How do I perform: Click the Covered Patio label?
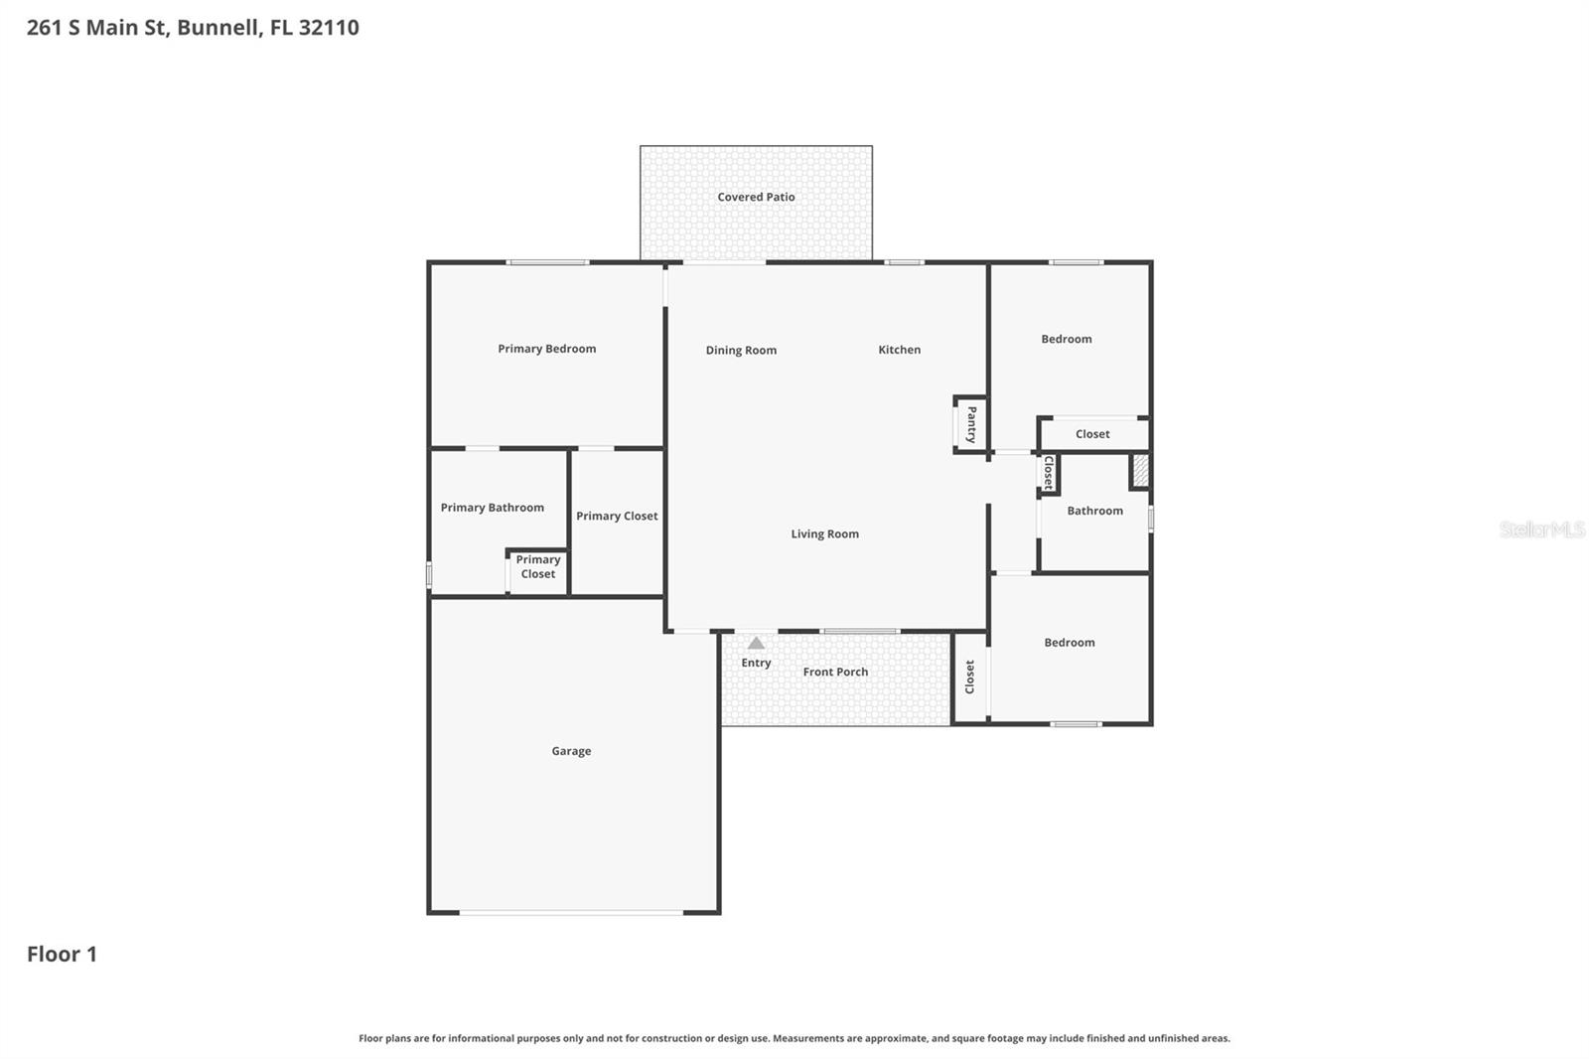[x=756, y=197]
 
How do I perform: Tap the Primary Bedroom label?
[x=546, y=349]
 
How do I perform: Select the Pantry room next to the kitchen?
[x=970, y=424]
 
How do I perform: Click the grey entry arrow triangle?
[x=756, y=643]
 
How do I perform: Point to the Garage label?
[x=571, y=751]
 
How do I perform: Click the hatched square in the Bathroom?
[x=1140, y=471]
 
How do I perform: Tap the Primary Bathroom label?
[x=492, y=508]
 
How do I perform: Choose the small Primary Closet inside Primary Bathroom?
[x=537, y=571]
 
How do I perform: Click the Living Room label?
[x=824, y=533]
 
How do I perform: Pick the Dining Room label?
[x=741, y=350]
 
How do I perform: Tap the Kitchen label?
[x=899, y=350]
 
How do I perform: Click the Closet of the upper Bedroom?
[x=1092, y=434]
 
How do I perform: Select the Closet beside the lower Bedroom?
[x=969, y=677]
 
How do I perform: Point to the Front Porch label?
[x=835, y=672]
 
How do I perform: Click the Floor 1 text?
[x=62, y=954]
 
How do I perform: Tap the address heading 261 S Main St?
[x=193, y=27]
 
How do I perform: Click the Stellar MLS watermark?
[x=1541, y=529]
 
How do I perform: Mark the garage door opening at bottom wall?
[x=571, y=912]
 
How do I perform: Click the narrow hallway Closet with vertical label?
[x=1048, y=473]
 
